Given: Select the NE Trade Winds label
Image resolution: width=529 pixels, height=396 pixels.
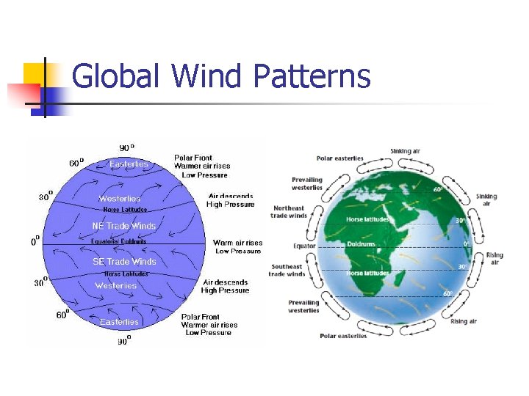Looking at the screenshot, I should click(x=123, y=226).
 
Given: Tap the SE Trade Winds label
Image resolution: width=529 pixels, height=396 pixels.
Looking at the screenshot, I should click(x=123, y=262).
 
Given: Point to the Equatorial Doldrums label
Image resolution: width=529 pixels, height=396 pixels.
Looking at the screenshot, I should click(x=119, y=241).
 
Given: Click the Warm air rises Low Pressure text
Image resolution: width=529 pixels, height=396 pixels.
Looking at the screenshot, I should click(x=237, y=247).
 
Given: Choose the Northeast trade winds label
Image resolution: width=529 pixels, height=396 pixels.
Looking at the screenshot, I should click(x=288, y=212).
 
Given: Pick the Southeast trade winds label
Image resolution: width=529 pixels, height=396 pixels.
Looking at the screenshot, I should click(x=287, y=271).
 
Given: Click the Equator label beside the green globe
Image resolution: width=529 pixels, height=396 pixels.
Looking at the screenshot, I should click(x=304, y=246).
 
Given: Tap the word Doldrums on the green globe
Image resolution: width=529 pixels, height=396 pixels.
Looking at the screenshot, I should click(x=361, y=243).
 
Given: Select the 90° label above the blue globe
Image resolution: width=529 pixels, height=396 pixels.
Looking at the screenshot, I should click(x=126, y=147).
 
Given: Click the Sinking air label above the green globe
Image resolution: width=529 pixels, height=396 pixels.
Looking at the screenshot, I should click(x=405, y=151).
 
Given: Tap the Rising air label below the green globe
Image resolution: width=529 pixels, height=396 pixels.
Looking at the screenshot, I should click(x=464, y=321).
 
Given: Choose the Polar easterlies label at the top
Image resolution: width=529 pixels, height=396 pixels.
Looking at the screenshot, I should click(x=339, y=158).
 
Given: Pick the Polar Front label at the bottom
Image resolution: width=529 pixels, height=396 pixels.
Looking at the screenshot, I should click(x=201, y=317).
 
